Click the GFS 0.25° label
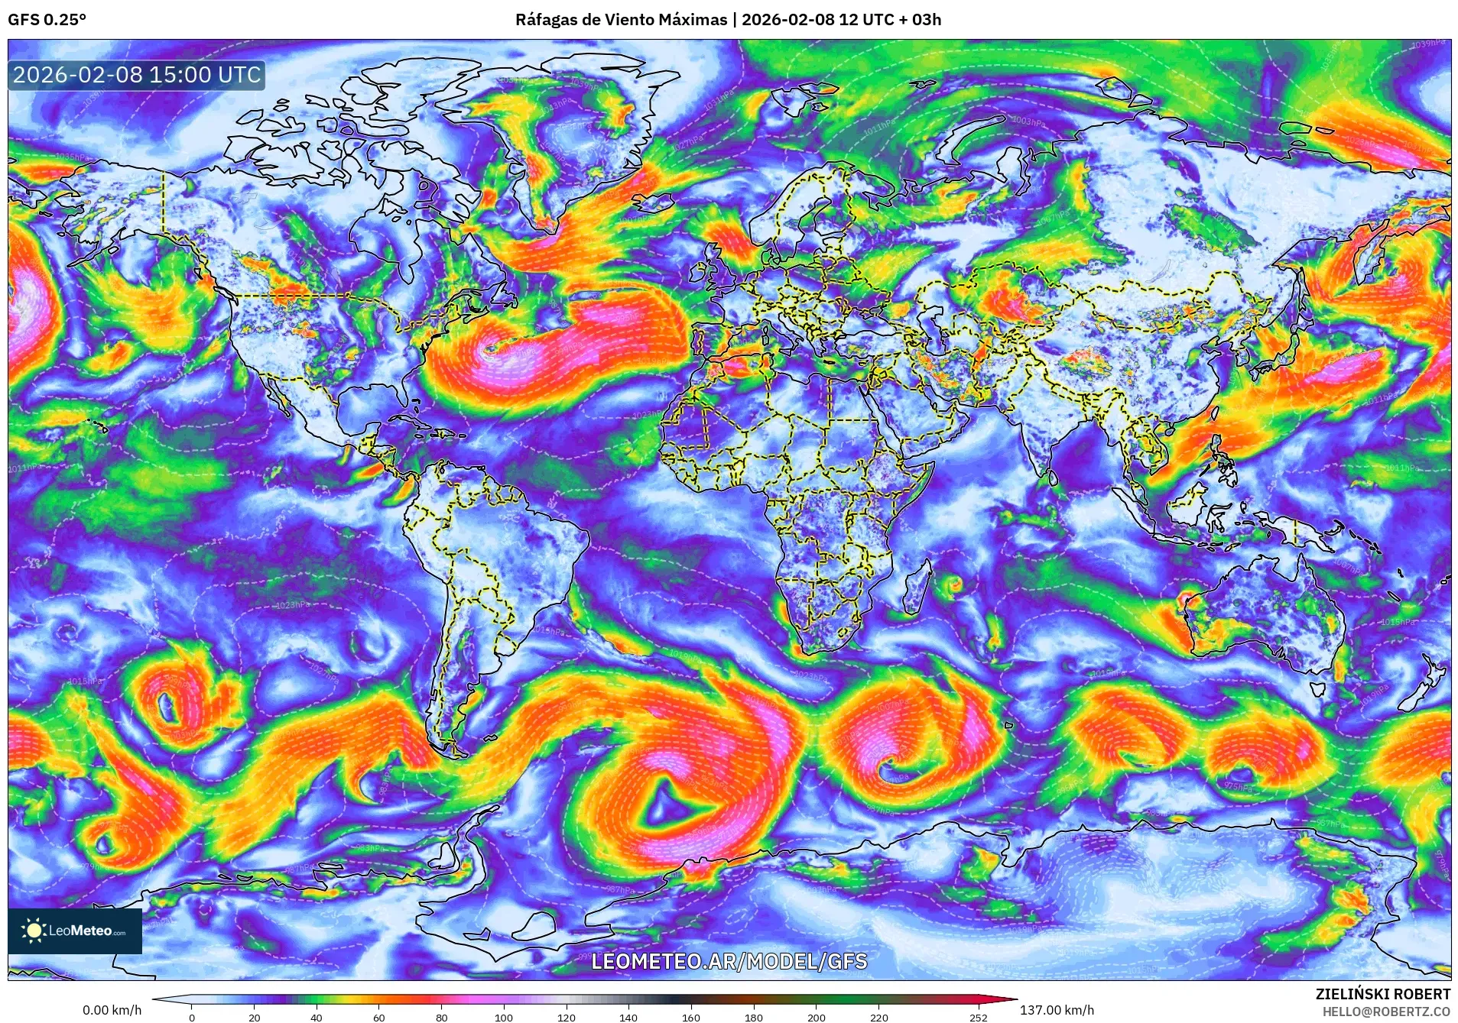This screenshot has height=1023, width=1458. [x=47, y=20]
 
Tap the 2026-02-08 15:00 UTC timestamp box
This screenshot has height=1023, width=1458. [x=137, y=75]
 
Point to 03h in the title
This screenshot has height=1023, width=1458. [x=926, y=20]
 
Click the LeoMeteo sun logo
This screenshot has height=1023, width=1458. [x=34, y=930]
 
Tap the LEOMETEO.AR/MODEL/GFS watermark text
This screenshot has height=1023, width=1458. [x=729, y=960]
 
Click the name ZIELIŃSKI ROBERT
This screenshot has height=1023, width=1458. [x=1382, y=994]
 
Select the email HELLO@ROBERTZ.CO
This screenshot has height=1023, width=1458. [x=1386, y=1011]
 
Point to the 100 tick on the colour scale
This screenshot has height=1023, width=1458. [x=503, y=1017]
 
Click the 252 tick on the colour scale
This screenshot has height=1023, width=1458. [x=979, y=1017]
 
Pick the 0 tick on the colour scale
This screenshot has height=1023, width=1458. [x=192, y=1017]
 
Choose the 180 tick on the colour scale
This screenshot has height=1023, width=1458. [x=754, y=1017]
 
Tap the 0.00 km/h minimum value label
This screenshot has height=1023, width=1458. [x=112, y=1010]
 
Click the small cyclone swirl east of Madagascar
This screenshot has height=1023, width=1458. [x=953, y=587]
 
